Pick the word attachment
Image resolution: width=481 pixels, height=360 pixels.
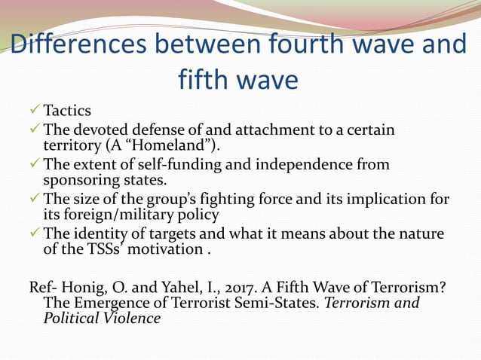click(x=269, y=131)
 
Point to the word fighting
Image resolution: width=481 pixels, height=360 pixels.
click(x=236, y=199)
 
